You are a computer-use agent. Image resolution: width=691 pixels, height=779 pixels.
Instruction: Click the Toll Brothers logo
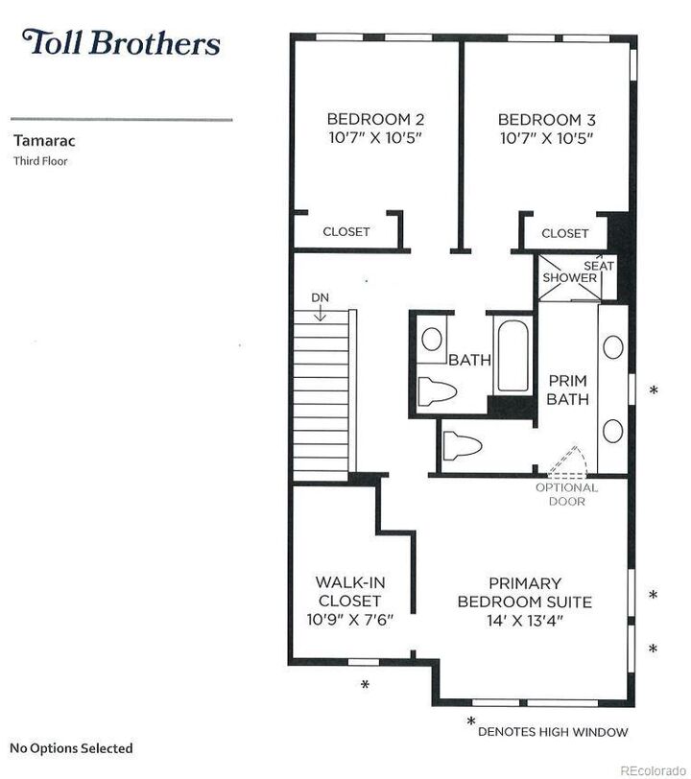(x=121, y=42)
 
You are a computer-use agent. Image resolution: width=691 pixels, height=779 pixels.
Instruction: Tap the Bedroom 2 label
(x=375, y=129)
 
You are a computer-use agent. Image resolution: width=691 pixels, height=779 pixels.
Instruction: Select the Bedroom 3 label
(x=547, y=129)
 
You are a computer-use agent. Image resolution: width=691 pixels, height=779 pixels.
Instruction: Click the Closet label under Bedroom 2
(x=346, y=231)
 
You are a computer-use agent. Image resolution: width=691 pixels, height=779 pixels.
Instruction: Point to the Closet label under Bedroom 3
(x=564, y=233)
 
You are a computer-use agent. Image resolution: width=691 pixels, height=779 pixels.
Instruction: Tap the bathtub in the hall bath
(x=512, y=356)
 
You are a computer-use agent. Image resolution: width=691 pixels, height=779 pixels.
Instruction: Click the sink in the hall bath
(x=432, y=340)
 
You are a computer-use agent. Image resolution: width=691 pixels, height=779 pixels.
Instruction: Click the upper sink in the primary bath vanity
(x=613, y=346)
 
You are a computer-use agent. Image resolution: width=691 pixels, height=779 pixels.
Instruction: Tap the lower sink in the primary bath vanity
(x=613, y=430)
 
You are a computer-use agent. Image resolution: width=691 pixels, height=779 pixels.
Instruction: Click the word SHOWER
(x=569, y=277)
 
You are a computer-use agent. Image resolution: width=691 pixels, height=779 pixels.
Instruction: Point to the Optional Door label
(x=567, y=494)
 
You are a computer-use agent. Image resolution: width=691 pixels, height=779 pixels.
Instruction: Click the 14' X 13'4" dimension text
(x=525, y=621)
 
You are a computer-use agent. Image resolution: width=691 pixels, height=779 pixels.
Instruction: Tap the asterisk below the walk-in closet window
(x=365, y=685)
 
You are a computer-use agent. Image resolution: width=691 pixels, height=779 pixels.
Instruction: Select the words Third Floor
(x=40, y=161)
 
